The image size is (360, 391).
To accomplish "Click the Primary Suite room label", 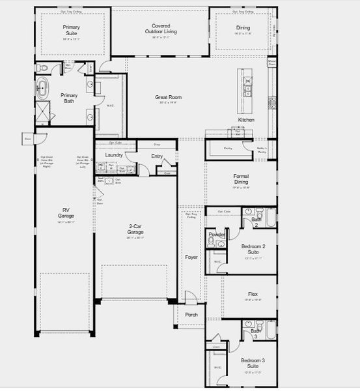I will tap(72, 29).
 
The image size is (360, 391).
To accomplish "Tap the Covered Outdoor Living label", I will tap(160, 28).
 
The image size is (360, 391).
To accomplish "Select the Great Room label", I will tap(168, 97).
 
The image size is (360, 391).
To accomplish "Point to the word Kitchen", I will tap(246, 120).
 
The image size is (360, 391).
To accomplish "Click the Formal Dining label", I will tap(241, 179).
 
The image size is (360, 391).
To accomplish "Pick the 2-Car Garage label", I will tap(135, 229).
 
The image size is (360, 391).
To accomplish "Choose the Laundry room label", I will tap(114, 154).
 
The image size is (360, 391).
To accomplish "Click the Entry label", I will tap(157, 156).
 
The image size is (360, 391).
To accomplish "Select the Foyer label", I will tap(191, 257).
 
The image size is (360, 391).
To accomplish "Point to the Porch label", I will tap(191, 314).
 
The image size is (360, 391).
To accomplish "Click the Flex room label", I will tap(253, 294).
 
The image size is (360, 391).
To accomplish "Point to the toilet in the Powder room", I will tap(211, 241).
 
